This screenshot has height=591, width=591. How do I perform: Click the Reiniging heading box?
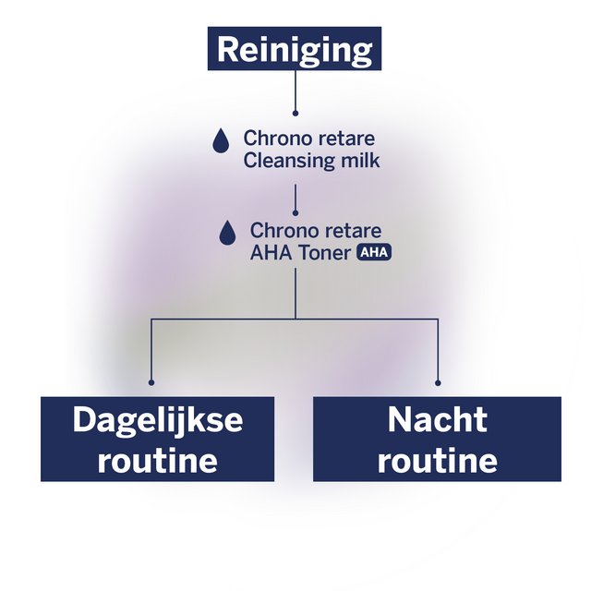coord(295,49)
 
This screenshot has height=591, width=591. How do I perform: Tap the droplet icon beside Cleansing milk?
coord(221,140)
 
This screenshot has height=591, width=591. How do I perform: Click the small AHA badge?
coord(374,252)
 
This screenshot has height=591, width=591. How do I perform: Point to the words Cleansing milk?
coord(311,161)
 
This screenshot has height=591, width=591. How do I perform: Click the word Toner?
coord(323,252)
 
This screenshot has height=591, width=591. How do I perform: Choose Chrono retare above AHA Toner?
coord(316,230)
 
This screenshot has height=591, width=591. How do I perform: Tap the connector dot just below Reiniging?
coord(295,113)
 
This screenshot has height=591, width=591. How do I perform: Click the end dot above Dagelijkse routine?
coord(151,381)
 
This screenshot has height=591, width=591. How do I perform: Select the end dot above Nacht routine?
coord(438,381)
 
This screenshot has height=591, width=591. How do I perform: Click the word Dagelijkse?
coord(157,420)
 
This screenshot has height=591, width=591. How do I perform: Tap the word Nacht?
coord(437,420)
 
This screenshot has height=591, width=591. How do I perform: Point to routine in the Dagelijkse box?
coord(157,460)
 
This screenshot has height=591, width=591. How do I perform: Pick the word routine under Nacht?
coord(437,460)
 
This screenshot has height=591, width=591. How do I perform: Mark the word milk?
coord(358,161)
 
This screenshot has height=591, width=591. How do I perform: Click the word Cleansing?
coord(288,161)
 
